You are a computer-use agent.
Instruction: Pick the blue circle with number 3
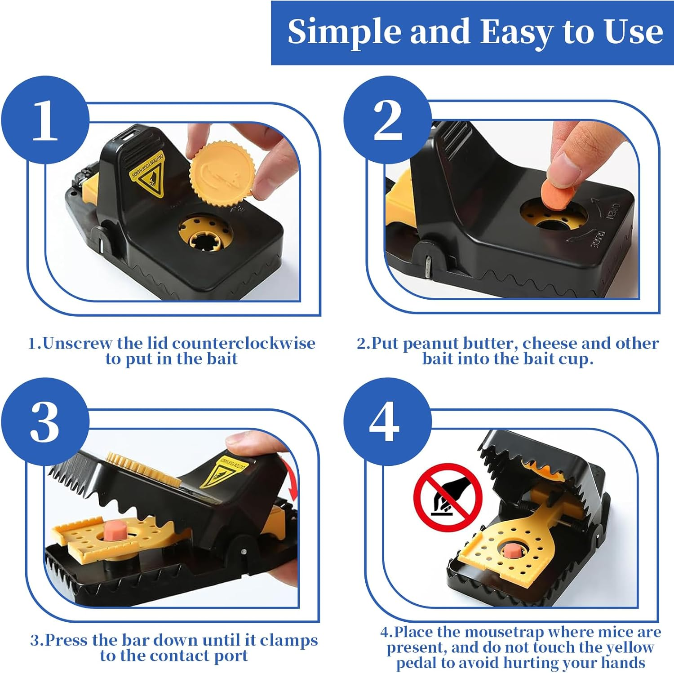pos(45,422)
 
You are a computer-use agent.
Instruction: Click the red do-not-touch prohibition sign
pos(448,498)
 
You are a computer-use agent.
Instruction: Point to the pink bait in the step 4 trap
pos(510,551)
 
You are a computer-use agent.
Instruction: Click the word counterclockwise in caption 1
pos(244,344)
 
